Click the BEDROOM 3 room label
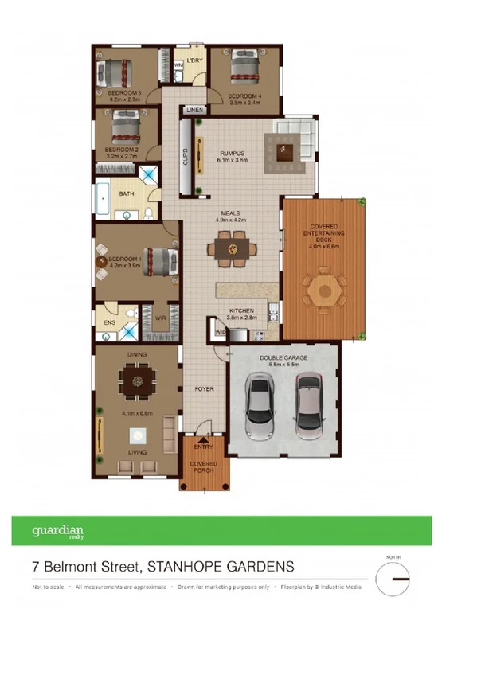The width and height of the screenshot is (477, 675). tap(124, 93)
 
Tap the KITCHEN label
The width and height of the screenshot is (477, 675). tap(241, 310)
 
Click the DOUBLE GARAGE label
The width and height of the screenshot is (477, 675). tap(283, 358)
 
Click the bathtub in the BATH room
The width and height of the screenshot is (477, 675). tap(104, 194)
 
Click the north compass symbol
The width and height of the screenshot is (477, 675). tap(393, 579)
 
